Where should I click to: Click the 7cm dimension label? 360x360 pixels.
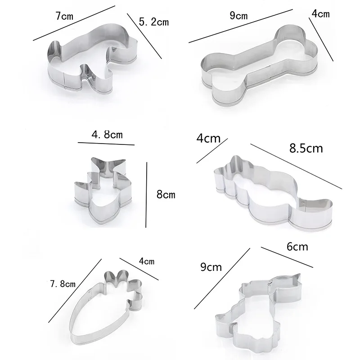point(64,16)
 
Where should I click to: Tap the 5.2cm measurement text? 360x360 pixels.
point(153,22)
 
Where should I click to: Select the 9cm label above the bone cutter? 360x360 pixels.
point(238,16)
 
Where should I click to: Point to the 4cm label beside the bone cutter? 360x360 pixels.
point(320,14)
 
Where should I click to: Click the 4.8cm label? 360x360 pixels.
point(107,135)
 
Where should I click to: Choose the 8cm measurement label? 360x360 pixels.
point(166,194)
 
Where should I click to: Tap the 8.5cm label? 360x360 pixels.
point(306,148)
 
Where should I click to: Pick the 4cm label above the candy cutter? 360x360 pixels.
point(208,139)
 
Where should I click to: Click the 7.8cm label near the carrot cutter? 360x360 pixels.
point(63,284)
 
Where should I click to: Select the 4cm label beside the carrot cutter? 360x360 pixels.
point(147,261)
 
